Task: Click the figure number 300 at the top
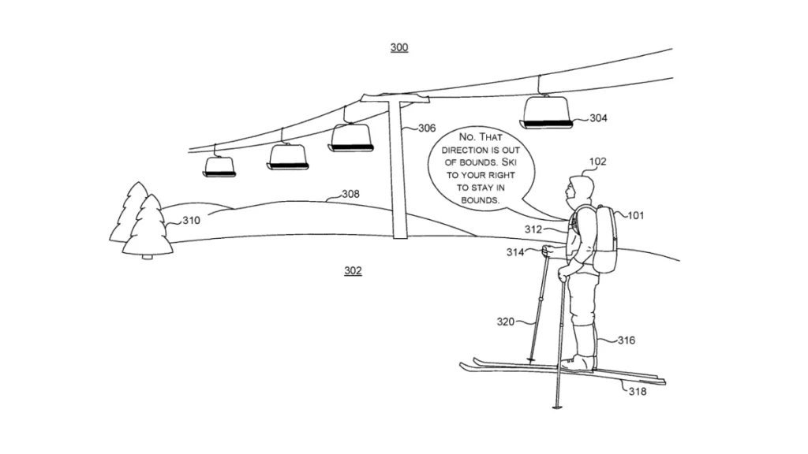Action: click(399, 48)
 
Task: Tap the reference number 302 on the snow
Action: click(353, 270)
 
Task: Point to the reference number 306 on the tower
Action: click(426, 128)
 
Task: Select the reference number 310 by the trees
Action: click(191, 221)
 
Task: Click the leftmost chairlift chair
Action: click(219, 166)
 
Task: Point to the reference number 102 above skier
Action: click(597, 162)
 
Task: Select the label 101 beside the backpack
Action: click(635, 215)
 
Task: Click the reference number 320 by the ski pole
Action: click(506, 322)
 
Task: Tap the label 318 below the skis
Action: click(637, 392)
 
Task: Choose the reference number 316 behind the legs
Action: click(627, 340)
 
